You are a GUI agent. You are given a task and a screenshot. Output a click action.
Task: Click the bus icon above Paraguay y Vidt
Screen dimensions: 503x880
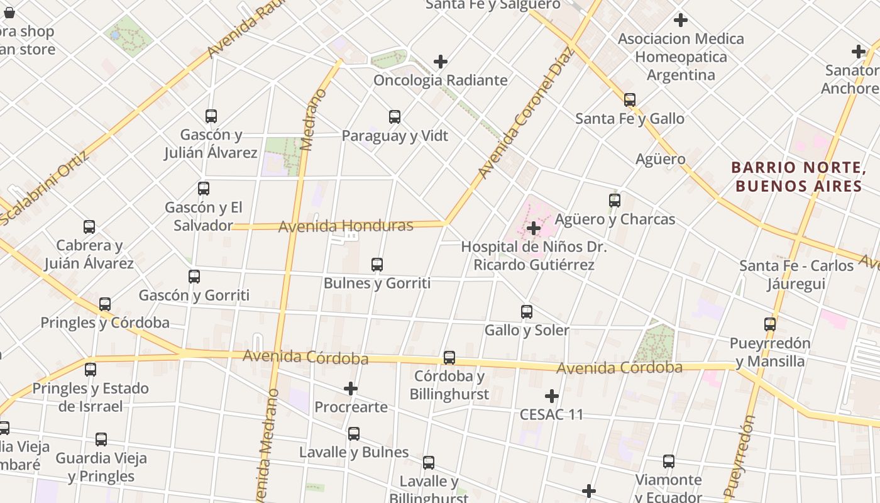pos(395,117)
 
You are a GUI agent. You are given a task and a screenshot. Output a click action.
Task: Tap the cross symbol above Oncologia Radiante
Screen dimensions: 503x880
pos(441,62)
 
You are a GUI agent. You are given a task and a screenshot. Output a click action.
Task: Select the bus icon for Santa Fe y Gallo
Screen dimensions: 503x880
pos(630,100)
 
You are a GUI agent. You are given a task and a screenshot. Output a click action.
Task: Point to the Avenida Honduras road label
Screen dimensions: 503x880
pos(346,226)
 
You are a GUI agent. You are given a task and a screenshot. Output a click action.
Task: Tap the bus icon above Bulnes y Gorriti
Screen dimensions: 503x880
pos(377,265)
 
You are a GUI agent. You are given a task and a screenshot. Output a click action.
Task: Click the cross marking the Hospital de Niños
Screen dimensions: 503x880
pos(534,228)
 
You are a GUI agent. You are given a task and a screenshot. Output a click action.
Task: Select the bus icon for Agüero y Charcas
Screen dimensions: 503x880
pos(615,201)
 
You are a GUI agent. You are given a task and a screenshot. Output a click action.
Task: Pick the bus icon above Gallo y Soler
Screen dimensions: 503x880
pos(527,312)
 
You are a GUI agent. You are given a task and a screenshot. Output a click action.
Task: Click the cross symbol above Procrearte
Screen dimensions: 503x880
pos(351,389)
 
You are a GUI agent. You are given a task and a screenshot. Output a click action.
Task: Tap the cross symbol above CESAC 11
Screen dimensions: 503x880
pos(552,396)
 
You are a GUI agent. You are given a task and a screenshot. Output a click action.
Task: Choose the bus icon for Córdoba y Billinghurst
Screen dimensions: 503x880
pos(449,358)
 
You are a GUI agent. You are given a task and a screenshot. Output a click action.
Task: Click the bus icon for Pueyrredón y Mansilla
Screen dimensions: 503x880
pos(770,324)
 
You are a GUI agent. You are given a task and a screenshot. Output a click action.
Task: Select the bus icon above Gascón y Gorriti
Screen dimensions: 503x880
pos(194,277)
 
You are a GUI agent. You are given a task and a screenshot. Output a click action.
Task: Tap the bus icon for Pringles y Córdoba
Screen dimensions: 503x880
pos(105,304)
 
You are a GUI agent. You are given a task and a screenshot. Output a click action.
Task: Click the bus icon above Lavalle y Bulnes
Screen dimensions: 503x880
pos(354,434)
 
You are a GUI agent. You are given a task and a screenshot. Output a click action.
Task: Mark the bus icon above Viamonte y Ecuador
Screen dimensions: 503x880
pos(669,462)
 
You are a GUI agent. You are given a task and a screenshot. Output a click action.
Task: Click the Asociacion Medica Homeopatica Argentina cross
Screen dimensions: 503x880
pos(681,20)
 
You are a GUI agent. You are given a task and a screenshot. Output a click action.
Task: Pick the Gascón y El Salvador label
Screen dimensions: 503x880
pos(204,216)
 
